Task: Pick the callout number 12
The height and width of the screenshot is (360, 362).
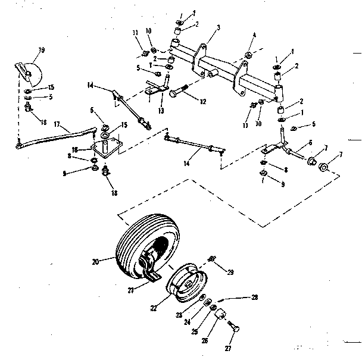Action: pyautogui.click(x=203, y=102)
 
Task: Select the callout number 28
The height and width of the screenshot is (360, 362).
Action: pyautogui.click(x=254, y=296)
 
